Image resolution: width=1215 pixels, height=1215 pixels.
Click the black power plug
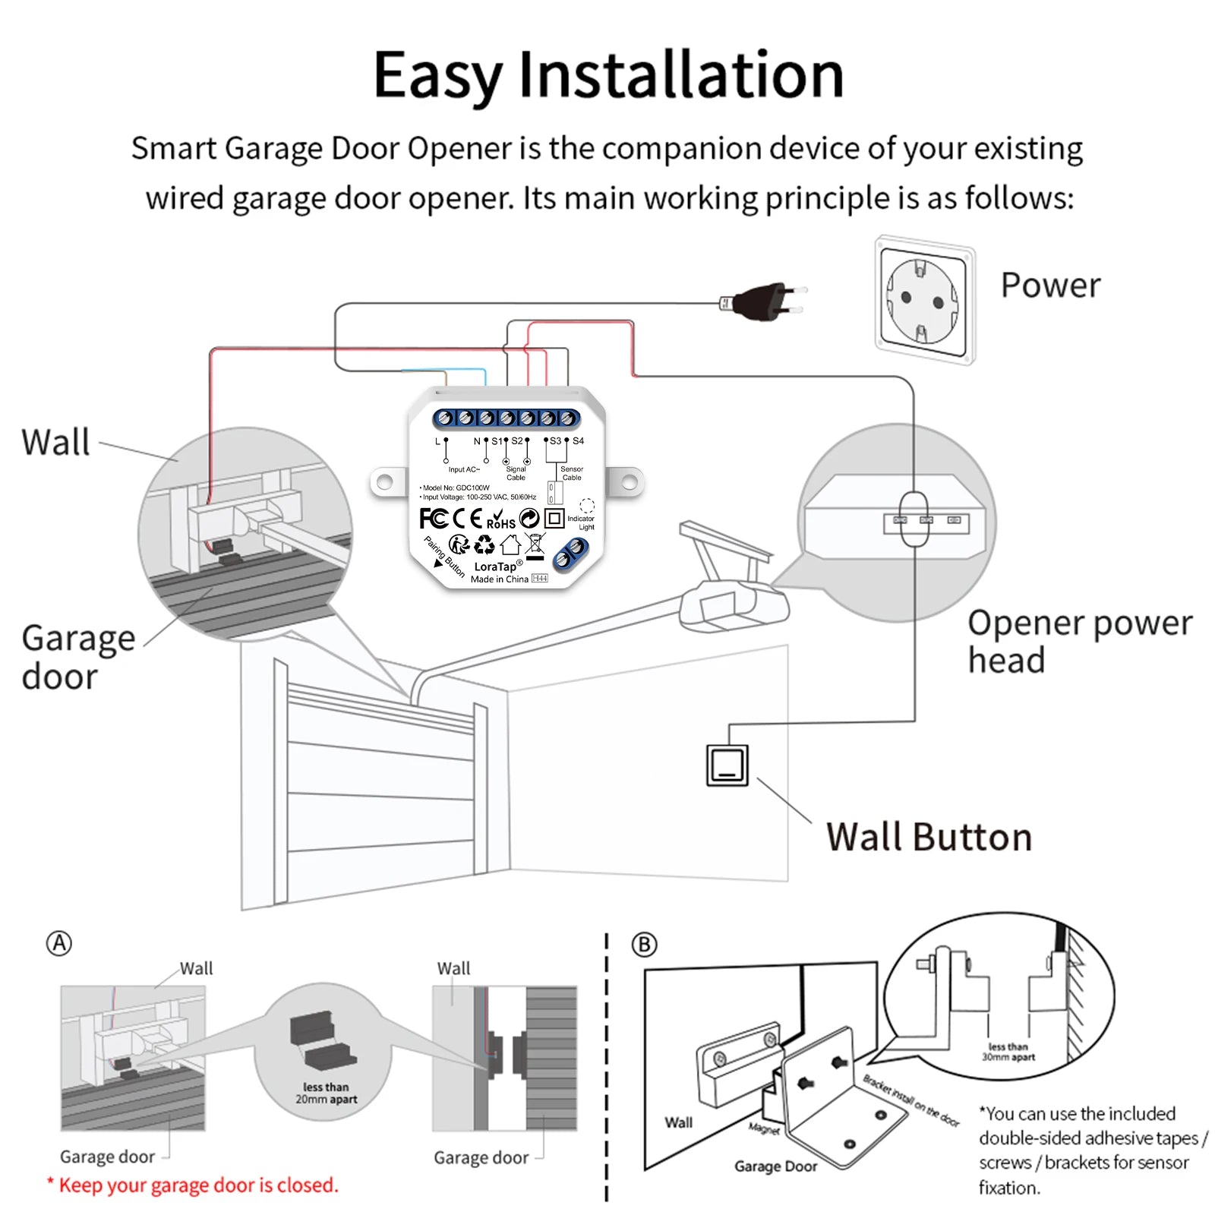tap(763, 301)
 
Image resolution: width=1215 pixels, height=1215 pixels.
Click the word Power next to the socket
tap(1050, 286)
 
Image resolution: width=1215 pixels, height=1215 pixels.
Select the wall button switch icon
tap(727, 765)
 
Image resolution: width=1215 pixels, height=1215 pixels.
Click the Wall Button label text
tap(929, 837)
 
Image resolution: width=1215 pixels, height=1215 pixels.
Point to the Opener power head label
tap(1078, 641)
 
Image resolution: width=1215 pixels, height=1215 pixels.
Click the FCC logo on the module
tap(433, 519)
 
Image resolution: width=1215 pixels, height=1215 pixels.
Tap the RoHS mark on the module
tap(500, 520)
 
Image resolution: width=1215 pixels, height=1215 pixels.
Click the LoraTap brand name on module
tap(495, 566)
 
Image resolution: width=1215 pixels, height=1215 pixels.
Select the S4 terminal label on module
tap(578, 441)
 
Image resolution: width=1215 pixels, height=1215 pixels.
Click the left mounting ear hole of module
tap(385, 481)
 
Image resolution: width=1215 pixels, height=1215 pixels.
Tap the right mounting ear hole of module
tap(630, 481)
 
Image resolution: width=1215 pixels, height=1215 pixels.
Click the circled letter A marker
tap(59, 944)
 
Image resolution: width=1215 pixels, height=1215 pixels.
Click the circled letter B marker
tap(644, 945)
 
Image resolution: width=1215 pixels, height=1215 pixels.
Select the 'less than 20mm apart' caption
tap(326, 1093)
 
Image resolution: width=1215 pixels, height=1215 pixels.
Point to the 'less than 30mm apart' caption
tap(1008, 1052)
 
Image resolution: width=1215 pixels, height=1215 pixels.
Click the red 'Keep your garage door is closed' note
tap(194, 1185)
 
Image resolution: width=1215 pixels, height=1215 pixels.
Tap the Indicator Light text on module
tap(581, 522)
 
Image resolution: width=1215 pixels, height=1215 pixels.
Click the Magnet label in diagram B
tap(763, 1129)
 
